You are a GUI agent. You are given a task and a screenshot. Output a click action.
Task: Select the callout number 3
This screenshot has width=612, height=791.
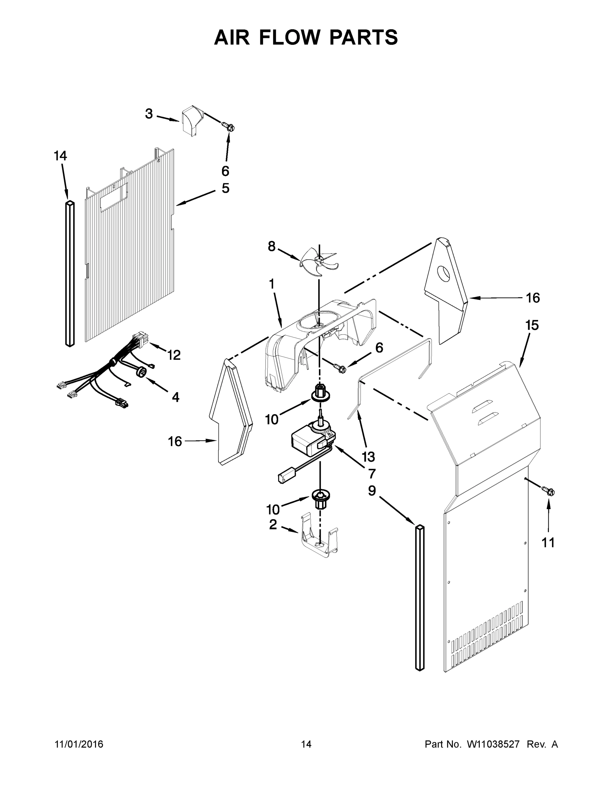tap(149, 114)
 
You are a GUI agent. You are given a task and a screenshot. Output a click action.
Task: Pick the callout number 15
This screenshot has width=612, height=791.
tap(532, 325)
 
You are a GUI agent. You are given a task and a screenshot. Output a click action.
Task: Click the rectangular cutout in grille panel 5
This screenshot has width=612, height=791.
tap(114, 196)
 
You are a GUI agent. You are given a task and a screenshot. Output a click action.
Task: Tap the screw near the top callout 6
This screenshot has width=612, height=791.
tap(229, 127)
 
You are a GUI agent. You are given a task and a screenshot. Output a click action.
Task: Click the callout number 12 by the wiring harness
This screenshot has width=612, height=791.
tap(174, 355)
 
